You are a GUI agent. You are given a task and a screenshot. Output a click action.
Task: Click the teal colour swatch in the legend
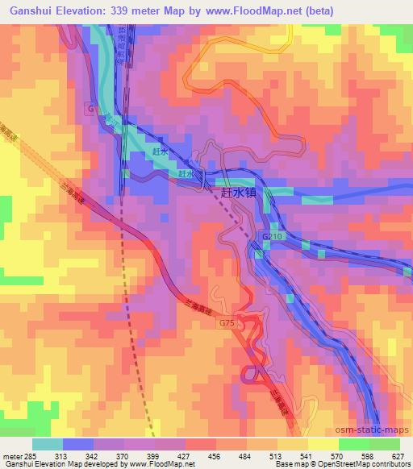click(x=48, y=443)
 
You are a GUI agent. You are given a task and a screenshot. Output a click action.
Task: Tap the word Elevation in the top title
click(x=87, y=10)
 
